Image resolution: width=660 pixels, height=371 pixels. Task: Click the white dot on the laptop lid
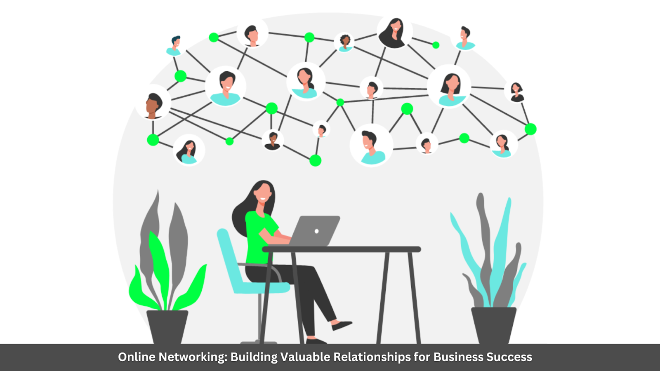click(x=316, y=231)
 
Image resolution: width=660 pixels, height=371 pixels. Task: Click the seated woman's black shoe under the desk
click(x=342, y=325)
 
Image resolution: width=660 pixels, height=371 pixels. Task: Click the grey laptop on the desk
click(x=316, y=231)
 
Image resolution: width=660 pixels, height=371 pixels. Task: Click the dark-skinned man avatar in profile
click(x=153, y=106)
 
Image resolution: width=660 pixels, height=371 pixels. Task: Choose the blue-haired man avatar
click(x=174, y=45)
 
